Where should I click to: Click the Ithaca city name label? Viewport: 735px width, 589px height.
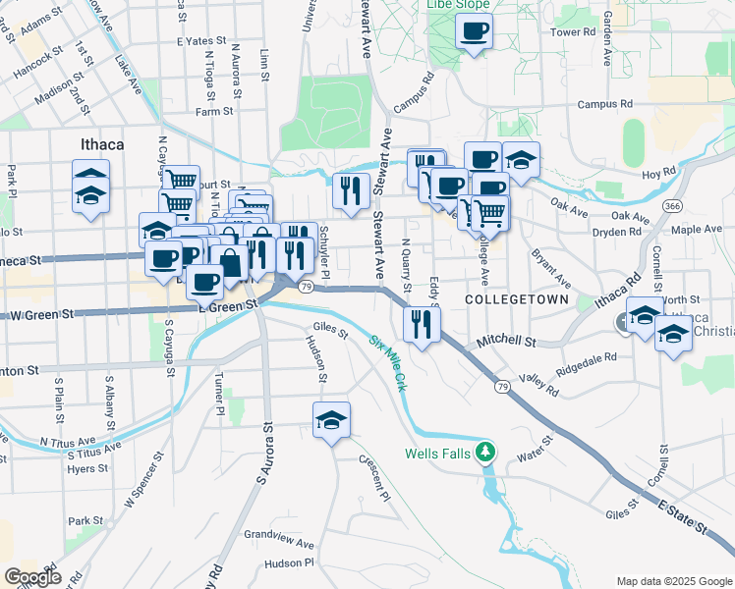(x=102, y=144)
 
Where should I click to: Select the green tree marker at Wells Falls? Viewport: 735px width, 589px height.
(x=483, y=452)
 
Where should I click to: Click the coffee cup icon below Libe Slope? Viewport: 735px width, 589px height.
(x=474, y=32)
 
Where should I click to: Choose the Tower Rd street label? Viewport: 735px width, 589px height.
(x=574, y=32)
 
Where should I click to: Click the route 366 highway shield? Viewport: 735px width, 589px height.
(x=672, y=206)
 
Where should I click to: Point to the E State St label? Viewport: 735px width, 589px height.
(x=684, y=515)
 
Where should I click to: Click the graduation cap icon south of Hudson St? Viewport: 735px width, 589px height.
(x=332, y=420)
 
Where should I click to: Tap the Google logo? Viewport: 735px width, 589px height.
(x=32, y=577)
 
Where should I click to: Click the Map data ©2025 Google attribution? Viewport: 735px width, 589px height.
(x=673, y=581)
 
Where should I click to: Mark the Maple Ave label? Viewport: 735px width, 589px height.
(x=697, y=229)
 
